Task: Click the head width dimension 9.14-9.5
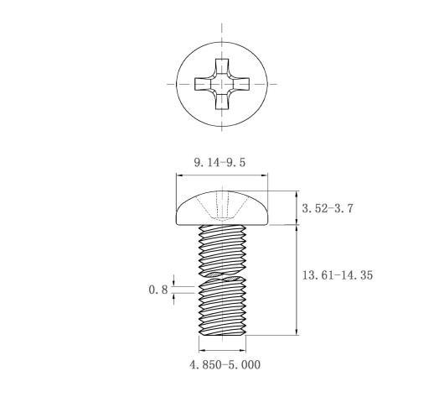[x=220, y=162]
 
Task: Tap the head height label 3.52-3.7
[x=328, y=208]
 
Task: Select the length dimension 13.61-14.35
[x=338, y=275]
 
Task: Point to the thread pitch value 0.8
[x=158, y=290]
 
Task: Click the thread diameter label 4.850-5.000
[x=225, y=365]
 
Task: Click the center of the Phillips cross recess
[x=222, y=84]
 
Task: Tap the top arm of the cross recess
[x=222, y=66]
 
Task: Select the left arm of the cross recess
[x=203, y=84]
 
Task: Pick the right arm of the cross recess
[x=241, y=84]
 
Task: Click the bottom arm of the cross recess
[x=222, y=102]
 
